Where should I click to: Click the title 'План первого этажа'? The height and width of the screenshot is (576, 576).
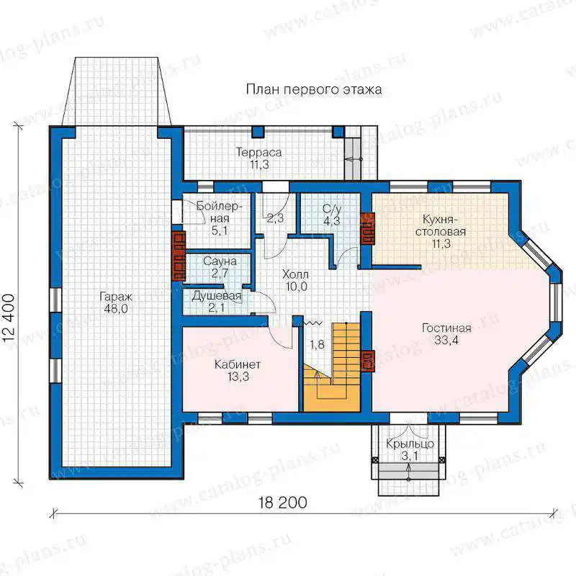click(x=314, y=89)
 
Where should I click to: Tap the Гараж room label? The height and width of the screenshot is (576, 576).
click(x=116, y=297)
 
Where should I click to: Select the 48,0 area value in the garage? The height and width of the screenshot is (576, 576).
click(x=116, y=309)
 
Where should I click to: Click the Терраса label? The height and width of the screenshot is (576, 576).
click(x=258, y=153)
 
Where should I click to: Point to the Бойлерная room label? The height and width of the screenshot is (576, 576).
click(x=220, y=212)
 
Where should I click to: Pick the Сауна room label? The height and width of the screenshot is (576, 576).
click(x=220, y=261)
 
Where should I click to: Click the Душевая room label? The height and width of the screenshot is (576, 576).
click(x=217, y=296)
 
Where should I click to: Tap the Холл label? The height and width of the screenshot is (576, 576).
click(x=295, y=274)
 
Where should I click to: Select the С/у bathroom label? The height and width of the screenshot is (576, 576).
click(x=332, y=209)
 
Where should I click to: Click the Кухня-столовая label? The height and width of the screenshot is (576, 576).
click(x=440, y=225)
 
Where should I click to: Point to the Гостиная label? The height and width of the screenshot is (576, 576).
click(x=446, y=328)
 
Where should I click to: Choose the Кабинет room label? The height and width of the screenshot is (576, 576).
click(x=238, y=364)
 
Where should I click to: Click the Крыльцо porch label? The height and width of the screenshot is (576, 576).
click(x=410, y=444)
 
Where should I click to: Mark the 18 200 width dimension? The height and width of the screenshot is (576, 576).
click(x=282, y=503)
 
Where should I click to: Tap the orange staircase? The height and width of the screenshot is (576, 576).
click(x=333, y=367)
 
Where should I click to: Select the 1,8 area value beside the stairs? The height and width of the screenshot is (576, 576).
click(x=317, y=344)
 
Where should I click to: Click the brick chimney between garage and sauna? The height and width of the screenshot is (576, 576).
click(x=179, y=256)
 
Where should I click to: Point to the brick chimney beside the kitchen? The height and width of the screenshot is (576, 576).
click(x=367, y=228)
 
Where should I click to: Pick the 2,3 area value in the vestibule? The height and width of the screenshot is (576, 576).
click(x=275, y=218)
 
